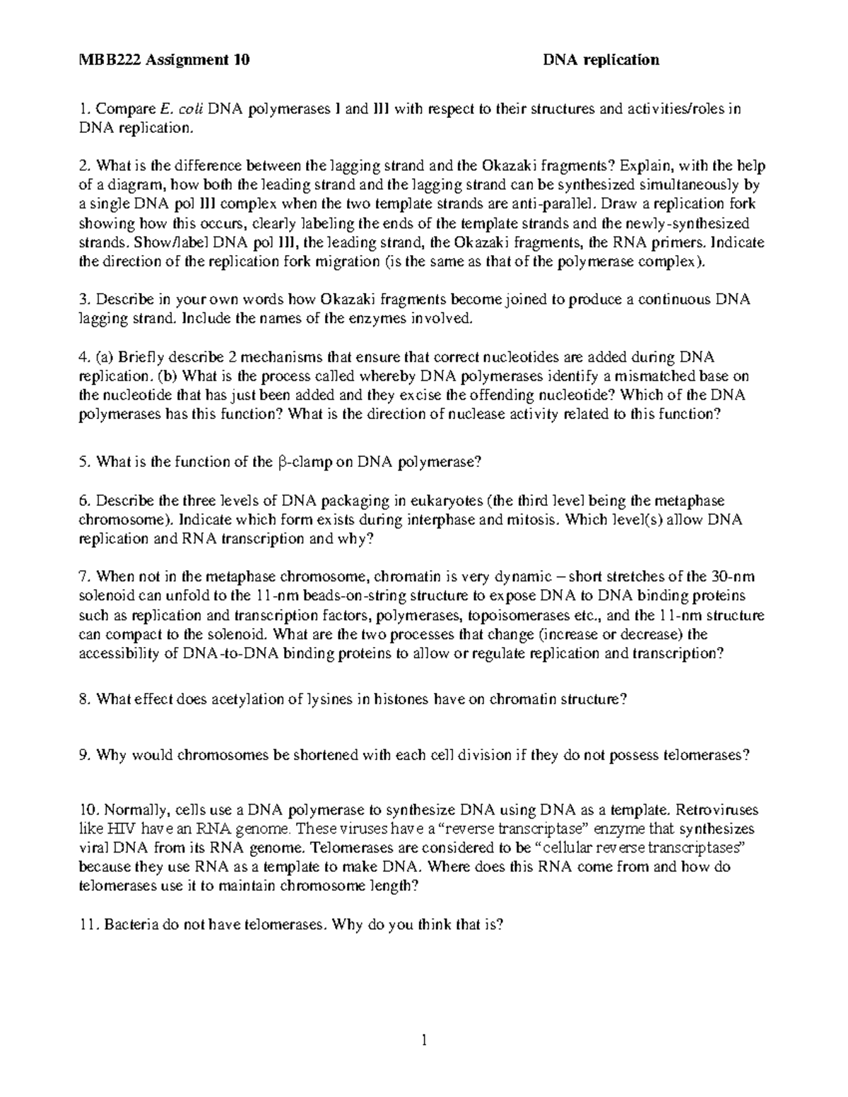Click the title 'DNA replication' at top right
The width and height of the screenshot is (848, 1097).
[601, 60]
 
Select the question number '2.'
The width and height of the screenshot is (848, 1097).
[86, 166]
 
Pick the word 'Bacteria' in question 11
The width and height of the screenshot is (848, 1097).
[131, 924]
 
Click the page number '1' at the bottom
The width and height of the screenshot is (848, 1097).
[424, 1040]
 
